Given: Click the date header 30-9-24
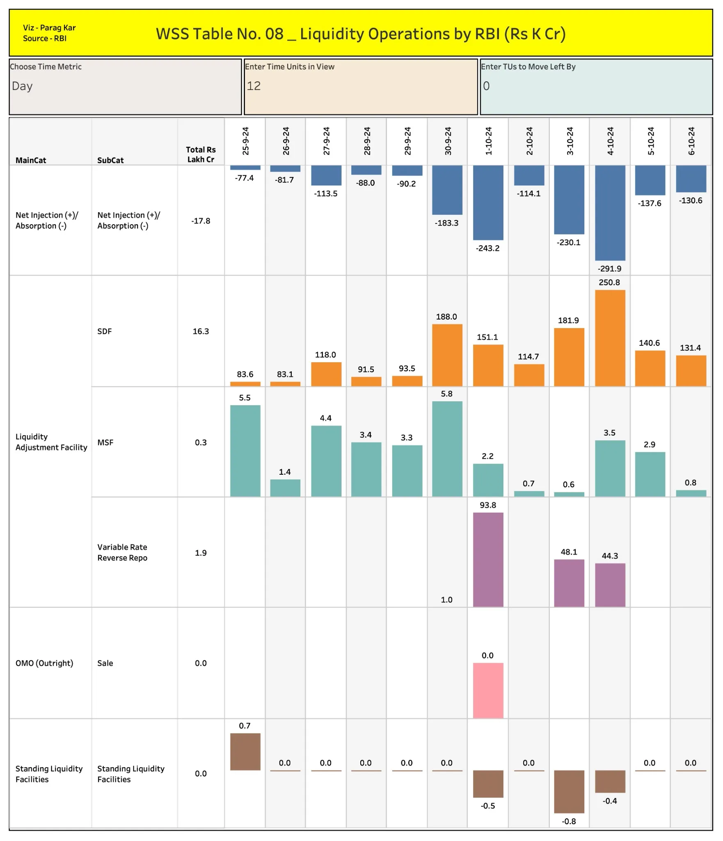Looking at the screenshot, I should coord(448,141).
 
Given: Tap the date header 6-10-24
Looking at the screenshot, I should coord(691,141).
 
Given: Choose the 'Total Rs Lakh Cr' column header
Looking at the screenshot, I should coord(201,154).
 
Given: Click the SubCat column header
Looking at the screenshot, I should coord(110,160).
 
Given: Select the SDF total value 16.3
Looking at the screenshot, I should coord(201,331).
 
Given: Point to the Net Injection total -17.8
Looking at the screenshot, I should coord(201,221).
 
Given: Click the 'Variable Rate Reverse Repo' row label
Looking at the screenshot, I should coord(122,552).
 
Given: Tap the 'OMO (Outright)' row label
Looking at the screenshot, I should coord(44,663).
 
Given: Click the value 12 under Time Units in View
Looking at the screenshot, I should coord(254,86).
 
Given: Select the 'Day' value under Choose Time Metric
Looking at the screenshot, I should coord(22,86).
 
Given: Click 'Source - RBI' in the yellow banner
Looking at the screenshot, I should coord(44,38).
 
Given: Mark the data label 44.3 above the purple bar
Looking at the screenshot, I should coord(609,556).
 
